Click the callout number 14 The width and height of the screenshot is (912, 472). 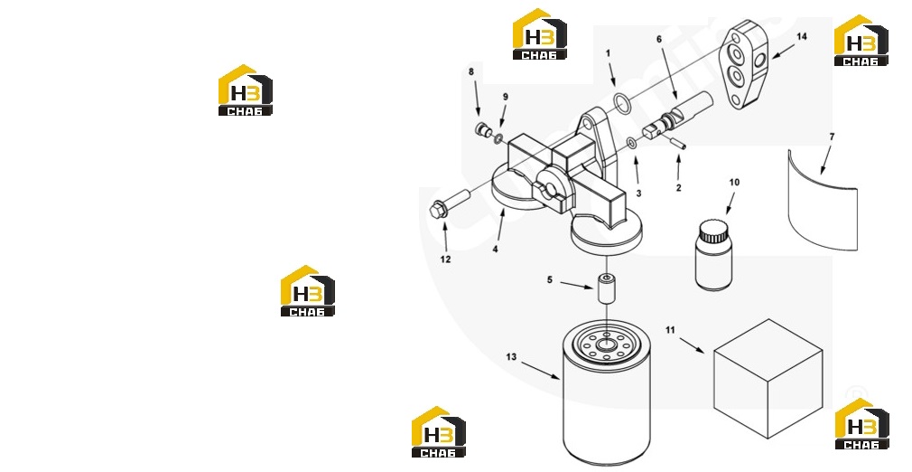tap(802, 37)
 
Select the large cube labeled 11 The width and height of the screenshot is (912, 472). tap(768, 378)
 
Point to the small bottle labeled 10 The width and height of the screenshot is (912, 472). tap(713, 255)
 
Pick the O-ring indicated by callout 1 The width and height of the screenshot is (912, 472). tap(622, 102)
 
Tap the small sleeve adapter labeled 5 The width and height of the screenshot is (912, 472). tap(606, 289)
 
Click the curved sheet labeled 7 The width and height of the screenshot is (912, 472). tap(823, 201)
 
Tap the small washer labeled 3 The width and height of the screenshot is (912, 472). tap(632, 144)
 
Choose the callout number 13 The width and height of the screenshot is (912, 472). tap(511, 356)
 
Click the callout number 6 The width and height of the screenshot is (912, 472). tap(659, 40)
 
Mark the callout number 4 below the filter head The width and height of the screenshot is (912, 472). tap(495, 250)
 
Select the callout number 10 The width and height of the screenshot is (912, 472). tap(734, 183)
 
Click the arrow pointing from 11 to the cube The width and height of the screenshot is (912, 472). tap(692, 345)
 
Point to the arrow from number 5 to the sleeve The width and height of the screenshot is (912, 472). tap(576, 284)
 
